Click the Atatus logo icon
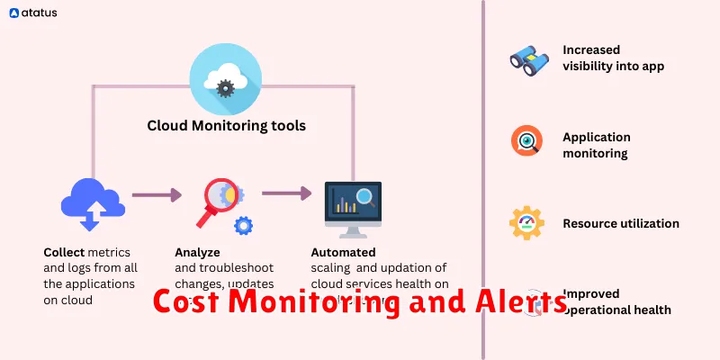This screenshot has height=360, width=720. click(14, 14)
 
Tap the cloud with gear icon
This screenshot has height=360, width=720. click(226, 83)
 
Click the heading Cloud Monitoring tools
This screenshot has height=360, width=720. click(226, 126)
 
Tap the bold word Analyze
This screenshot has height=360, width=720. click(197, 253)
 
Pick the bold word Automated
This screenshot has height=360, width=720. click(343, 253)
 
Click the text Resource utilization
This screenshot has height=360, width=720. click(621, 223)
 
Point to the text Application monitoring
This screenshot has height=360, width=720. click(596, 145)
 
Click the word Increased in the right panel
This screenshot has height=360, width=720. click(591, 50)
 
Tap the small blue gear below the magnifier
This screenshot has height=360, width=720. click(242, 226)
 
